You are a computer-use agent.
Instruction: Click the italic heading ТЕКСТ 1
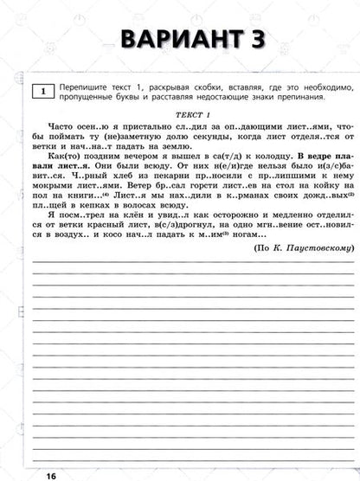[185, 114]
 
